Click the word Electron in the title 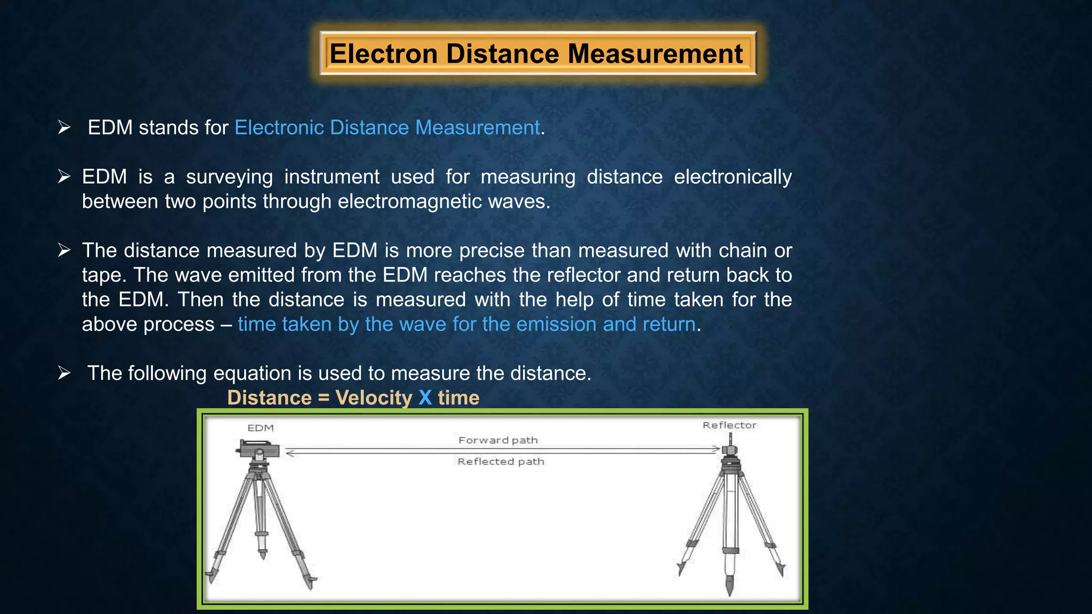[x=383, y=54]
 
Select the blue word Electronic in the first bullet [x=279, y=128]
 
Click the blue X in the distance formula [x=425, y=398]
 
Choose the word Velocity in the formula [x=374, y=398]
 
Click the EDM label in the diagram [x=261, y=428]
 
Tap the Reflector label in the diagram [x=729, y=425]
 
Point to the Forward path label [x=498, y=440]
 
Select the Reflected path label [x=501, y=462]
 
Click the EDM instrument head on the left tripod [x=258, y=450]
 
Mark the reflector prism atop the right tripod [x=729, y=450]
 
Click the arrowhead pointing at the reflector [x=716, y=449]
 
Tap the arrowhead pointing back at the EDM [x=290, y=454]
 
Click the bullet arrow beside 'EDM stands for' [x=65, y=128]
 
